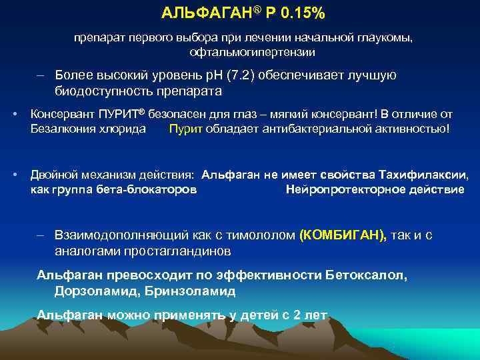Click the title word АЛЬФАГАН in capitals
click(x=196, y=14)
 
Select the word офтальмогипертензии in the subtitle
click(x=253, y=52)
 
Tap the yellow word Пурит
click(x=184, y=128)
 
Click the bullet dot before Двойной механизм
click(x=15, y=175)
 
